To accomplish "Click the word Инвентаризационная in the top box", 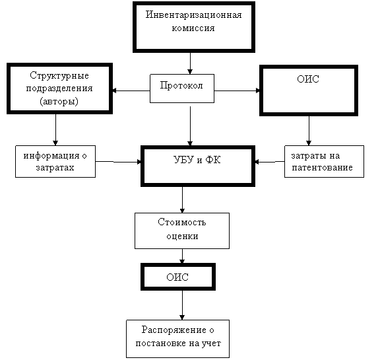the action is (x=194, y=15).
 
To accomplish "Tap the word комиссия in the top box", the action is (x=193, y=28).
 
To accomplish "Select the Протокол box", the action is (x=182, y=89).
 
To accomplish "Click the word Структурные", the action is (x=59, y=76).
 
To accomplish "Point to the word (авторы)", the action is (x=59, y=102).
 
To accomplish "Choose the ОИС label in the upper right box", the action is (x=308, y=79).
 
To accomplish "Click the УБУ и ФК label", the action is (x=197, y=160).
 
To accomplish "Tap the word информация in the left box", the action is (x=51, y=155).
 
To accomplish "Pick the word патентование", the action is (x=322, y=168).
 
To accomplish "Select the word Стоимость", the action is (x=182, y=222).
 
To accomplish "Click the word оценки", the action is (x=182, y=236).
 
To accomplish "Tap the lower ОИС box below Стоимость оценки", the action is (x=178, y=277).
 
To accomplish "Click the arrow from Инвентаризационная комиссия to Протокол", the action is (x=190, y=63).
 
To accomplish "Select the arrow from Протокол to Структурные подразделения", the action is (x=131, y=90).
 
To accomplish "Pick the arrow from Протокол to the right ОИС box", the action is (x=237, y=90).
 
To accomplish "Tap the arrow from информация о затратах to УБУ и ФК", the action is (x=119, y=162).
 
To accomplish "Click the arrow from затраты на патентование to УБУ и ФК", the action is (x=270, y=161).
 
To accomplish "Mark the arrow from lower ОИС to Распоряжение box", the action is (x=182, y=305).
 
